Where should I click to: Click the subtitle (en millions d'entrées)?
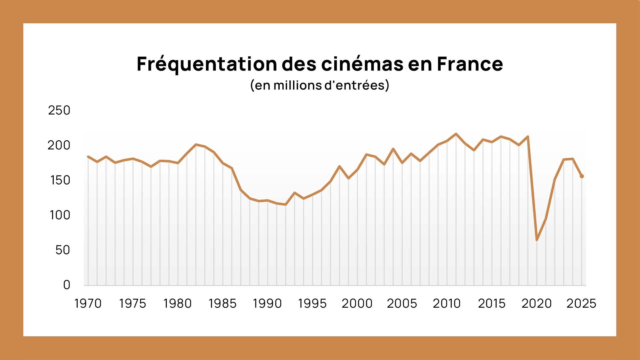click(x=320, y=85)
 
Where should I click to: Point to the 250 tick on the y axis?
click(x=59, y=110)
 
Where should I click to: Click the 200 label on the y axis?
click(x=59, y=145)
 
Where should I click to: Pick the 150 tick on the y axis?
click(x=60, y=180)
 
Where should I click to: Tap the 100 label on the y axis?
click(x=60, y=215)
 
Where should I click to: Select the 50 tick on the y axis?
click(x=63, y=250)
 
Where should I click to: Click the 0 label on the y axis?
click(x=67, y=285)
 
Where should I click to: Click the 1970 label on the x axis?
click(x=88, y=304)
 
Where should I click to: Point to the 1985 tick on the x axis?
click(x=223, y=304)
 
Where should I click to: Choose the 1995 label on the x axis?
click(x=312, y=304)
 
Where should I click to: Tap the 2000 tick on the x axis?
click(x=357, y=304)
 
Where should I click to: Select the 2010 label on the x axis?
click(x=447, y=304)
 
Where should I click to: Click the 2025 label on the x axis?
click(x=581, y=304)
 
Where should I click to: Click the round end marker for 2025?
click(x=582, y=176)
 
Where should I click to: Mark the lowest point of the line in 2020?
click(x=537, y=240)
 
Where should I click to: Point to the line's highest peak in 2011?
click(x=456, y=134)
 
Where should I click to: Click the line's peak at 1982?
click(x=196, y=145)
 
